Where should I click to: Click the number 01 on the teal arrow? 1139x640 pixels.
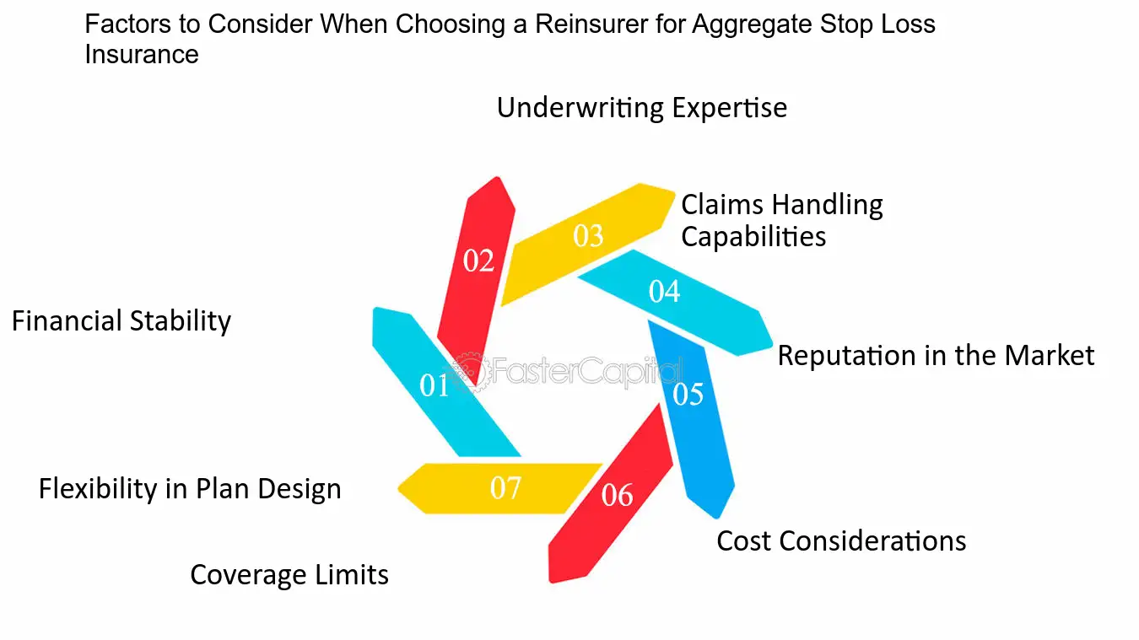coord(434,385)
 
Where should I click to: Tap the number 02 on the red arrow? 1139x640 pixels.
coord(478,261)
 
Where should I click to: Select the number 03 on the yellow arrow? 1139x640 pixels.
coord(588,236)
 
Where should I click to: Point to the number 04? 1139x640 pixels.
coord(664,292)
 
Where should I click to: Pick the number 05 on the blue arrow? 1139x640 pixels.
coord(688,395)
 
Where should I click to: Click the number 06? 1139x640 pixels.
coord(617,495)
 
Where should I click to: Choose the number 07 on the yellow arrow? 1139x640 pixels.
coord(505,488)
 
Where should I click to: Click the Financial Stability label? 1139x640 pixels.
coord(121,322)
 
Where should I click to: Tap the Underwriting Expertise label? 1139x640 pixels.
coord(642,108)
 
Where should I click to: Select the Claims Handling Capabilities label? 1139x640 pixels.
coord(782,221)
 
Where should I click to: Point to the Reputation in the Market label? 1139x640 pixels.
coord(936,355)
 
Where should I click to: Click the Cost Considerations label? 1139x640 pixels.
coord(841,541)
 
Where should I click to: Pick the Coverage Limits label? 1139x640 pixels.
coord(289,575)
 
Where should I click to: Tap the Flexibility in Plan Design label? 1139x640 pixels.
coord(190,489)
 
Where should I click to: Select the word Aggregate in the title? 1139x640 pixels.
coord(752,25)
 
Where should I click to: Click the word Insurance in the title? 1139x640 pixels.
coord(142,55)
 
